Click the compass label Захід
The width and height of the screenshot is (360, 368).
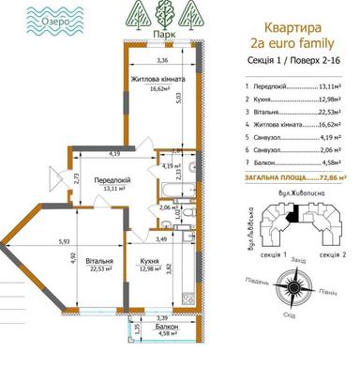point(299,258)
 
